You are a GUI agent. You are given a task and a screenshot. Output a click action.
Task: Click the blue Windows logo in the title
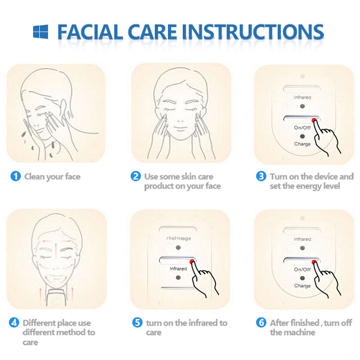point(40,31)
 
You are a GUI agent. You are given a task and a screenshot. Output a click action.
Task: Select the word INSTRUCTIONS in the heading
point(255,32)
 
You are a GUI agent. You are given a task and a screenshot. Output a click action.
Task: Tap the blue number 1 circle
point(15,176)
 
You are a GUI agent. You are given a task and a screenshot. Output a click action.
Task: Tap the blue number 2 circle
point(135,176)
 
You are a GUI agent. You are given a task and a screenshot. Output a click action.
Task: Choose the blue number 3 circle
point(261,176)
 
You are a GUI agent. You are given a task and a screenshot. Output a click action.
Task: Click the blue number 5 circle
point(137,323)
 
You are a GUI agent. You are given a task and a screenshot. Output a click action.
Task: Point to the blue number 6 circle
point(261,323)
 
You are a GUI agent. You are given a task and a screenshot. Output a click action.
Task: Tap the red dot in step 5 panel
point(192,261)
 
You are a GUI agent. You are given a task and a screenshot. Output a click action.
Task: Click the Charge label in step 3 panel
point(302,144)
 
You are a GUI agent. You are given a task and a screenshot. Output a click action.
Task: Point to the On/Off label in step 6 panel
point(302,270)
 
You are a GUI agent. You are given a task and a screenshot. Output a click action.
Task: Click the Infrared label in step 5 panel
point(178,269)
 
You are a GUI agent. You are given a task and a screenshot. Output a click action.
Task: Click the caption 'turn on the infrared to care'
point(186,328)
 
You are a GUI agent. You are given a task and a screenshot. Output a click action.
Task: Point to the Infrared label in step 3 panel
point(302,97)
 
